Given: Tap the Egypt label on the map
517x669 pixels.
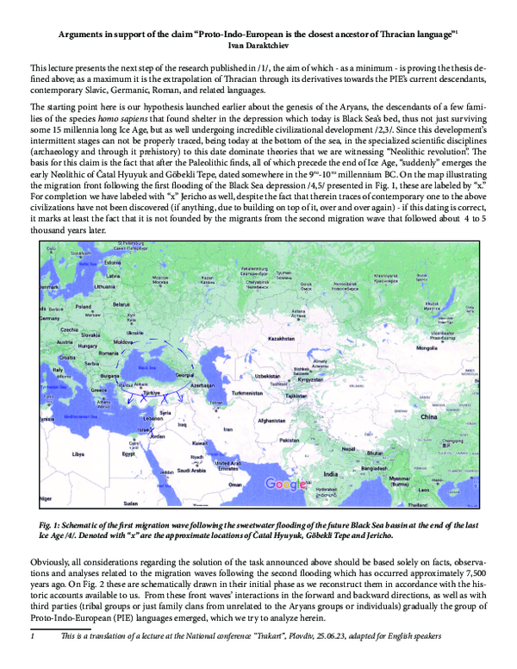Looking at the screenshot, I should pos(129,453).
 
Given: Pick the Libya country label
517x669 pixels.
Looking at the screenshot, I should pos(78,453).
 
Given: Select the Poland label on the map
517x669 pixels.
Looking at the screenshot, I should pos(84,306).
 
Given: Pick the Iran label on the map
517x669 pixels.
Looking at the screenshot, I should pos(228,428).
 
